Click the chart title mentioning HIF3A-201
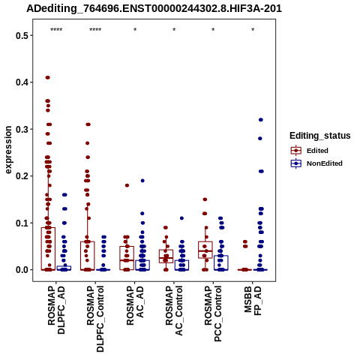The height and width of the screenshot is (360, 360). click(x=154, y=9)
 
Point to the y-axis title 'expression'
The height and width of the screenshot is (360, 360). click(x=8, y=150)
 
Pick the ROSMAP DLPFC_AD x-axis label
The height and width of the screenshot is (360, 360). click(x=56, y=310)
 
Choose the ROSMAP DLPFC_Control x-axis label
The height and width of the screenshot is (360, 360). click(x=95, y=319)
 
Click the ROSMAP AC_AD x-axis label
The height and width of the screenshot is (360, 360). click(x=135, y=305)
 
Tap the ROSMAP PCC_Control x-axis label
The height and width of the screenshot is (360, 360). click(x=213, y=313)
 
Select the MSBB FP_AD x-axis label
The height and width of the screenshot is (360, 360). click(x=253, y=301)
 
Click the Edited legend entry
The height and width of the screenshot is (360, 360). click(x=309, y=151)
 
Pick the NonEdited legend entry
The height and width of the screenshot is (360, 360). click(x=316, y=163)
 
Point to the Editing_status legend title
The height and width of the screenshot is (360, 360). click(x=320, y=136)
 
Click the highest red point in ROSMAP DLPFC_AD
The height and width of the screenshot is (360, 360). click(x=48, y=77)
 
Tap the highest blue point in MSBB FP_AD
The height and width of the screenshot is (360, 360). click(x=261, y=120)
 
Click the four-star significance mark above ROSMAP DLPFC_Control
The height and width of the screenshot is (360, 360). click(x=95, y=30)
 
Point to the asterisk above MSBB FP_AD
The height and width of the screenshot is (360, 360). click(x=253, y=30)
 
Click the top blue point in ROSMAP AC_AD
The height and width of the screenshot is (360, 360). click(x=142, y=181)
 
